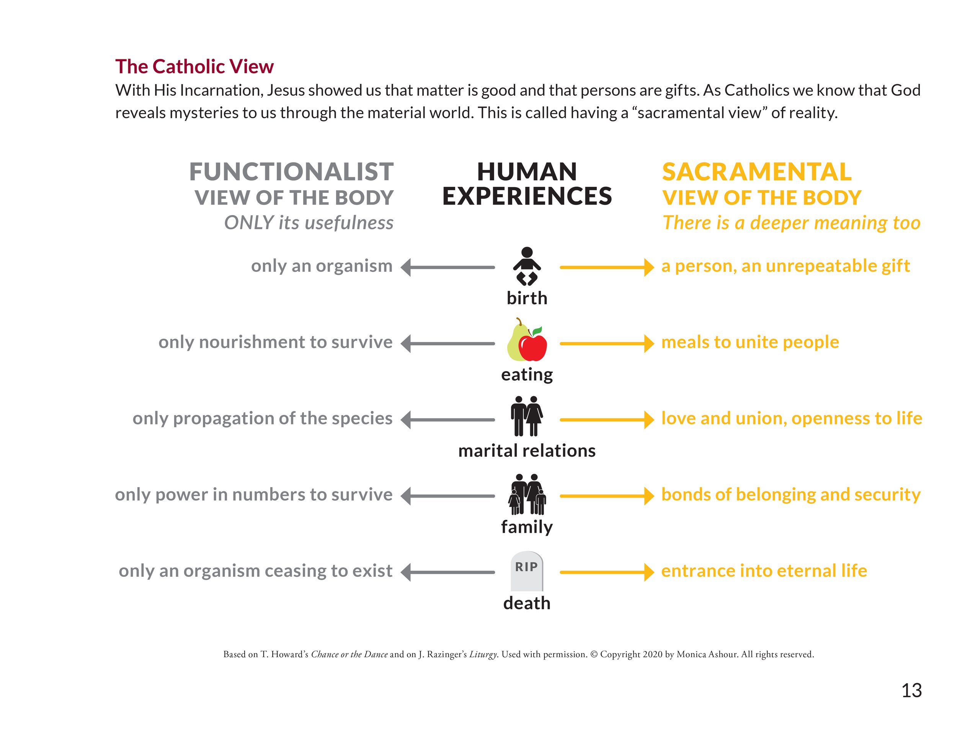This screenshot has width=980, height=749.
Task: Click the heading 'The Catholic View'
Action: click(194, 67)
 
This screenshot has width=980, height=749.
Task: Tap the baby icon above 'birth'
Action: click(527, 266)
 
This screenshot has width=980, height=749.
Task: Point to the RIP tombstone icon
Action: click(527, 571)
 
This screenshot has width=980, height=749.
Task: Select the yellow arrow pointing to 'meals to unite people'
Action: click(606, 344)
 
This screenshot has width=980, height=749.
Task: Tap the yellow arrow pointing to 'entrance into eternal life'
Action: click(606, 572)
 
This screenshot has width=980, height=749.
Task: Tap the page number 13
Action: click(911, 690)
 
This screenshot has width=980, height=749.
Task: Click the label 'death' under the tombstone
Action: click(527, 603)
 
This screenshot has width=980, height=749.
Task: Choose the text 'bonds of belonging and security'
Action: click(791, 494)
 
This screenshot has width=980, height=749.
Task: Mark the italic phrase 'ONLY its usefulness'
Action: click(309, 222)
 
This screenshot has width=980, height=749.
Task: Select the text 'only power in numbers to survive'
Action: click(254, 494)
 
